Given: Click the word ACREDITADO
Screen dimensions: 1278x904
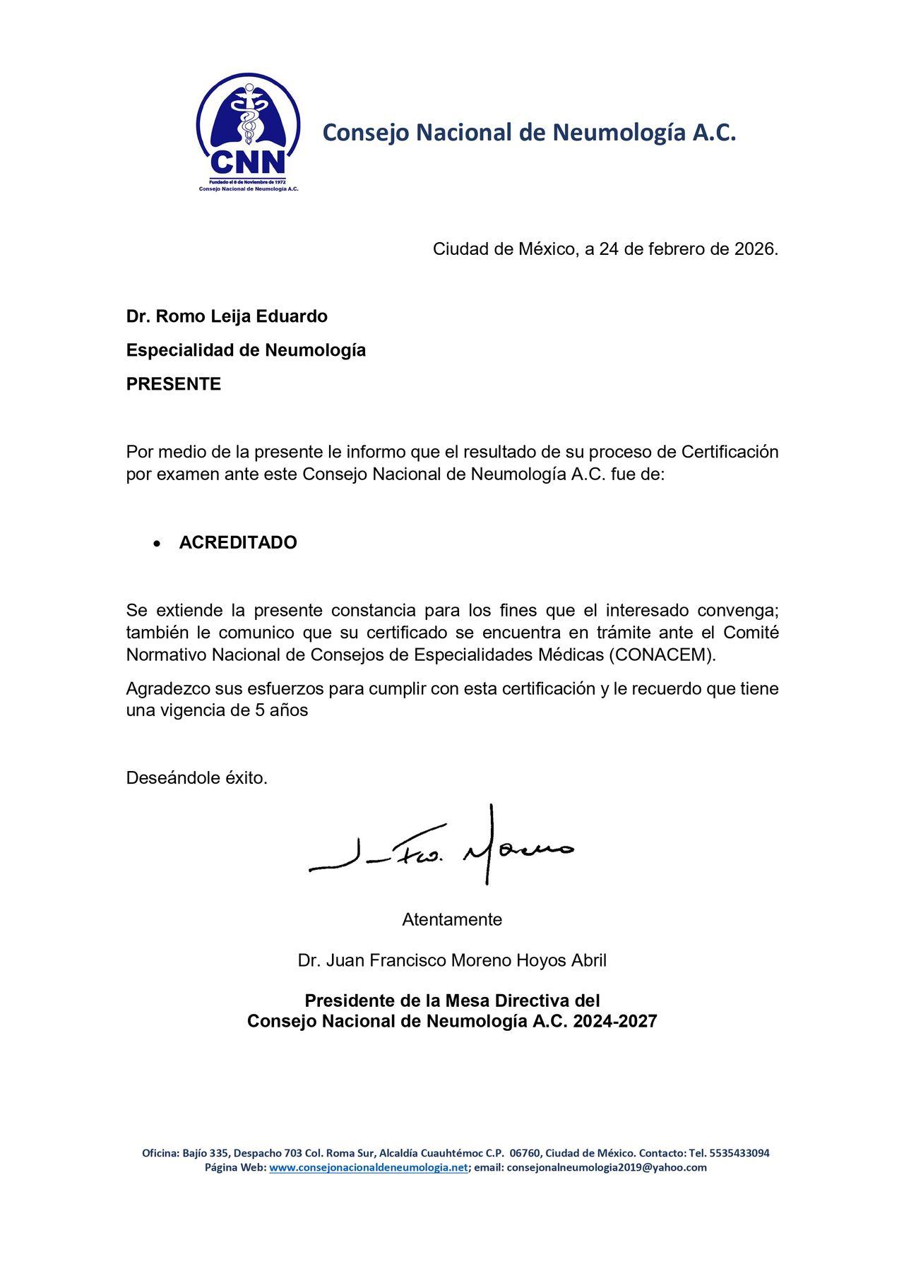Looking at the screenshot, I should point(238,542).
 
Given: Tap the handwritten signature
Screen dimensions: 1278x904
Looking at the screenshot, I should point(441,847).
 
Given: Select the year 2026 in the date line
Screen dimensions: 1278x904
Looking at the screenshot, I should point(754,249).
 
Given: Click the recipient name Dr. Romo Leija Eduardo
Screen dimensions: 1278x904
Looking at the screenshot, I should point(227,316).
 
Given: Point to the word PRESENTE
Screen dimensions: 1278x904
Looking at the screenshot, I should point(174,384).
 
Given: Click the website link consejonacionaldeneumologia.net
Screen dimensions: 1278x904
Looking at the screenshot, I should point(368,1167).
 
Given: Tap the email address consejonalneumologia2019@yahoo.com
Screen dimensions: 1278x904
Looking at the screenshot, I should point(607,1167).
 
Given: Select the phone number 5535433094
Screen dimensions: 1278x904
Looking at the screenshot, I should point(739,1153).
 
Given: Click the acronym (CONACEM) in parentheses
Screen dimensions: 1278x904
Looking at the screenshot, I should point(661,655).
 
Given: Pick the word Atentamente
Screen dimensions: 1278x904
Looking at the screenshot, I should point(452,919).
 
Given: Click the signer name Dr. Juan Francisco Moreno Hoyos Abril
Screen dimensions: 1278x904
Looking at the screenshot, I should point(452,960).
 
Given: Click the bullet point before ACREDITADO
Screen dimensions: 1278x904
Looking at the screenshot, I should point(157,543).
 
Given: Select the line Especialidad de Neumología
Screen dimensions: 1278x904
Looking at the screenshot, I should point(246,350).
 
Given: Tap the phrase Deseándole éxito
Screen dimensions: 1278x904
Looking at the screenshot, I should point(197,778).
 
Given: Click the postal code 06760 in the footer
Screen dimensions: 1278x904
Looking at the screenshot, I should point(524,1153).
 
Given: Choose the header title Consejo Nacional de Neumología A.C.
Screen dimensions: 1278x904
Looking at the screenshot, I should point(529,132).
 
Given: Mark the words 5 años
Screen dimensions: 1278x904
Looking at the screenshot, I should point(282,710).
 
